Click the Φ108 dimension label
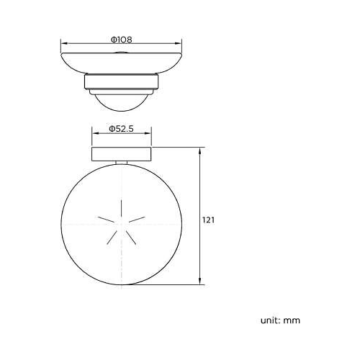(x=122, y=40)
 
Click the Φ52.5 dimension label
(x=121, y=129)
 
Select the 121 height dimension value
(x=208, y=220)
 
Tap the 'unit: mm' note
(x=280, y=320)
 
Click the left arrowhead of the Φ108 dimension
(x=64, y=43)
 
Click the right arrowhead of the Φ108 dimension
(x=179, y=43)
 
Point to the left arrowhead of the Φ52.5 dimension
(x=95, y=133)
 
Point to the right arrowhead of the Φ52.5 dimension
(x=148, y=133)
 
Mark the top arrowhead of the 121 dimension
(x=200, y=151)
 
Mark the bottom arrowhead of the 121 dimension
(x=200, y=282)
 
